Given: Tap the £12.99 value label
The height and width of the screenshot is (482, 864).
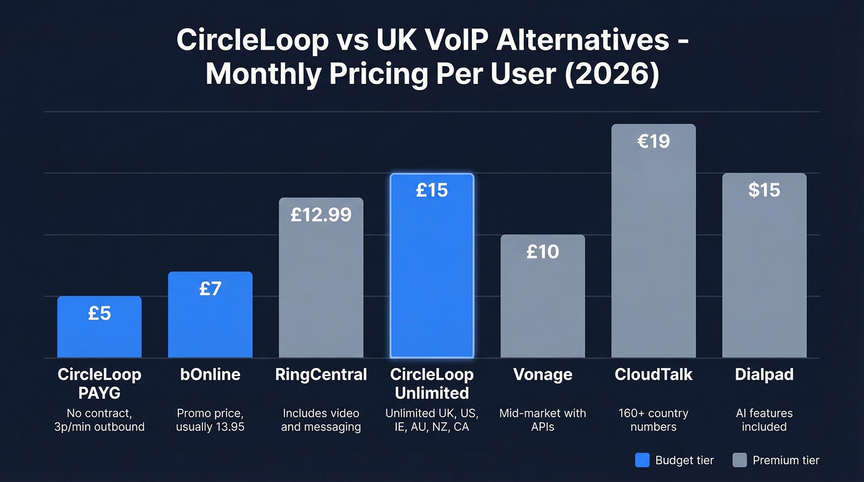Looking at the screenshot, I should pyautogui.click(x=321, y=215).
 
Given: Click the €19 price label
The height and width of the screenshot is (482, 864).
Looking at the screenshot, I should pyautogui.click(x=654, y=141).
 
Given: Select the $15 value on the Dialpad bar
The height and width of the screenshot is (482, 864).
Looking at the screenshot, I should pyautogui.click(x=764, y=190).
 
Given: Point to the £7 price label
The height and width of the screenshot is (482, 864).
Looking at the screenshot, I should pyautogui.click(x=210, y=288).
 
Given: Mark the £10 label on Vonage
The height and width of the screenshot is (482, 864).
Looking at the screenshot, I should pyautogui.click(x=542, y=252).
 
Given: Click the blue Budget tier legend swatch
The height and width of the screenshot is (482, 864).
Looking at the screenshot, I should pyautogui.click(x=642, y=460).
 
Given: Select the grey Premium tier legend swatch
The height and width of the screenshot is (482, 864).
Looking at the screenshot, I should pyautogui.click(x=739, y=460).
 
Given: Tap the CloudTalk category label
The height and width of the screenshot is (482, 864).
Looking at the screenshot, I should pyautogui.click(x=654, y=375).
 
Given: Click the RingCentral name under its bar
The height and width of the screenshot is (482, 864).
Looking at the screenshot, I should pyautogui.click(x=321, y=375).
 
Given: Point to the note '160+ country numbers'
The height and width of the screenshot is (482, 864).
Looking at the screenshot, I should pyautogui.click(x=654, y=420).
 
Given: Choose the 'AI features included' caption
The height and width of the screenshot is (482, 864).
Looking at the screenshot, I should pyautogui.click(x=764, y=420).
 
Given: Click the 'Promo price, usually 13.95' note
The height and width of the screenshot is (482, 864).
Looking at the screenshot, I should pyautogui.click(x=210, y=420).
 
